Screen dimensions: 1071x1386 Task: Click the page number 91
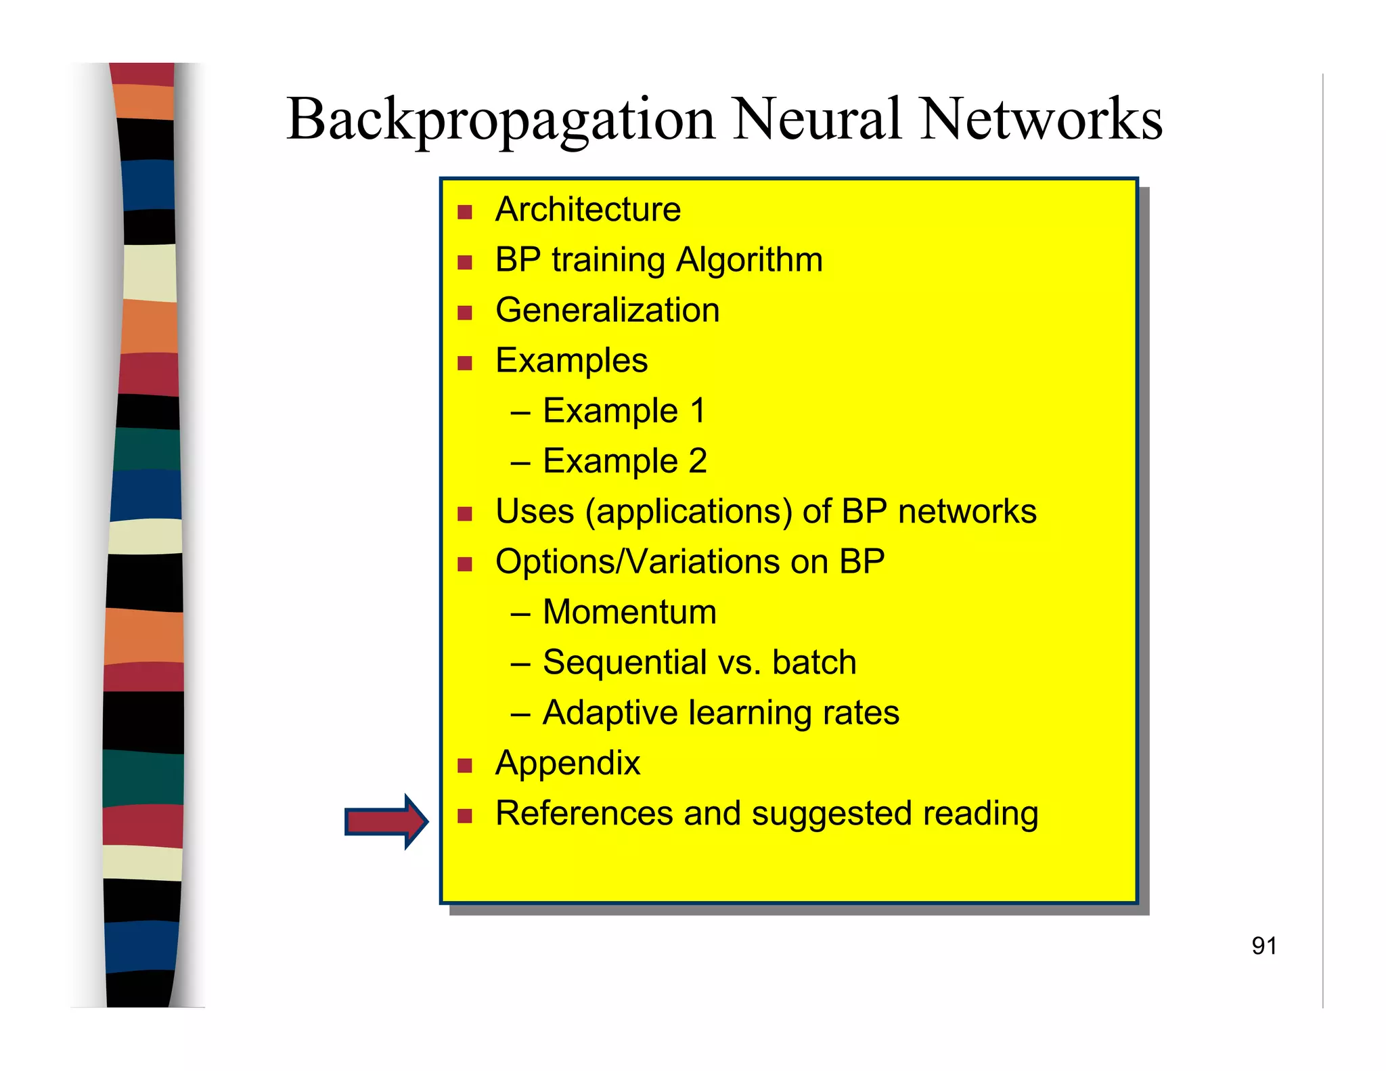coord(1264,946)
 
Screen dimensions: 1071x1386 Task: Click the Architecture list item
coord(587,209)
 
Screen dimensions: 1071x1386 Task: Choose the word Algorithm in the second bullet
coord(749,261)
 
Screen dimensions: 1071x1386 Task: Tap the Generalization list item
coord(607,311)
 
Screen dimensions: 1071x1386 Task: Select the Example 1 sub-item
coord(623,411)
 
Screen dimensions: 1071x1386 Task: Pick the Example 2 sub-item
coord(624,462)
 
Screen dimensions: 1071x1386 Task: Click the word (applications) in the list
coord(688,512)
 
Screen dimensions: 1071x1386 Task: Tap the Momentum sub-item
coord(629,612)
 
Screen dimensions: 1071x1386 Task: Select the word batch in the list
coord(814,662)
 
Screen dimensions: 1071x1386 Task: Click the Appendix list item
coord(567,764)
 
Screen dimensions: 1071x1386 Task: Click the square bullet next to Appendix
coord(464,766)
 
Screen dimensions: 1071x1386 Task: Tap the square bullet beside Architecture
coord(464,213)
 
